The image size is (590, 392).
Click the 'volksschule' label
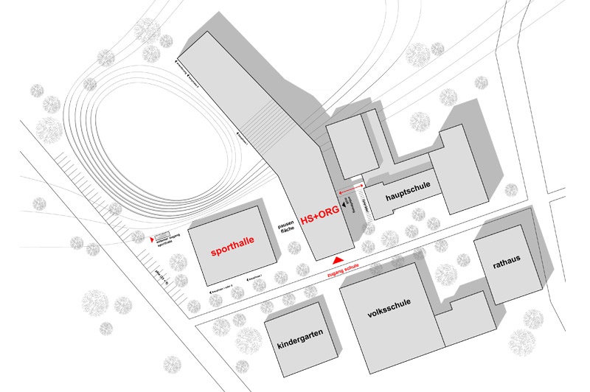[x=388, y=312]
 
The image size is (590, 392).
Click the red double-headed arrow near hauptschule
[x=350, y=190]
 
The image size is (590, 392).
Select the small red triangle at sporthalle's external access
[x=153, y=238]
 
